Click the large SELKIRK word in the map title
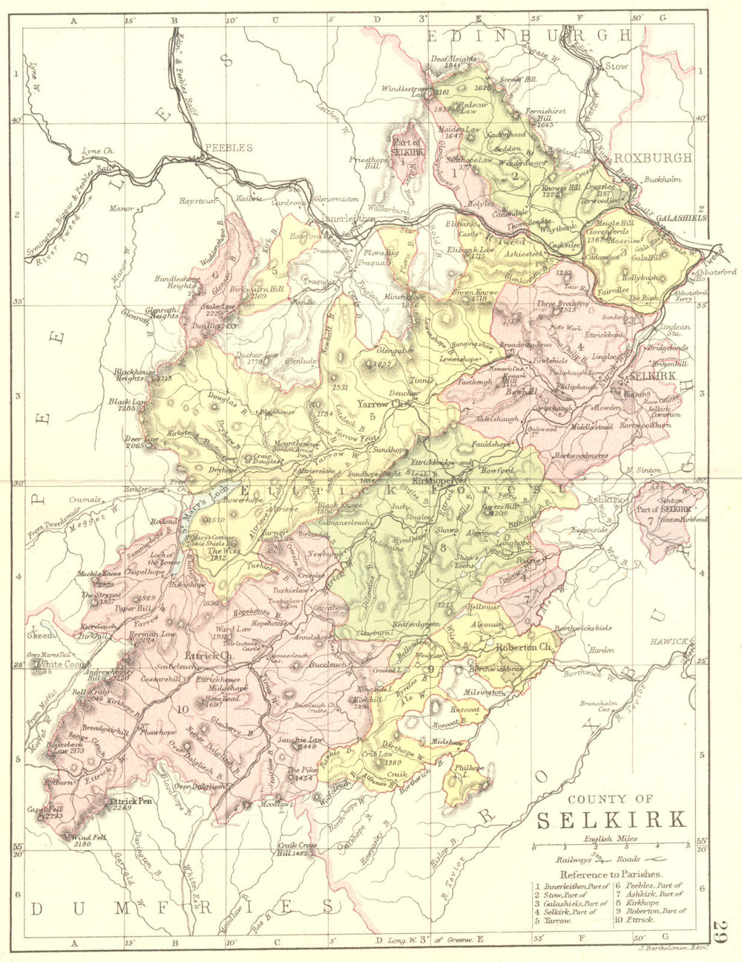(611, 820)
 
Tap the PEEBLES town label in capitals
(229, 148)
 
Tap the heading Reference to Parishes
(611, 874)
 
